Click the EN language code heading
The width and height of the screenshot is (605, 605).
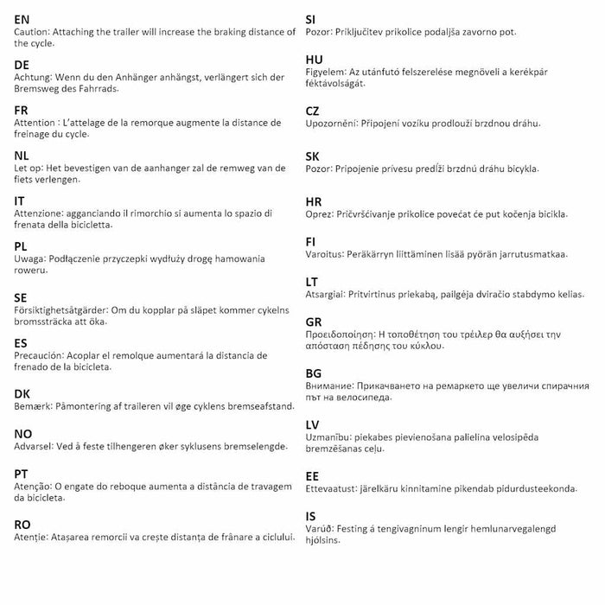(22, 19)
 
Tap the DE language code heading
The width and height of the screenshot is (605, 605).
(22, 65)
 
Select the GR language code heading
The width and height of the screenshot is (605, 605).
(314, 322)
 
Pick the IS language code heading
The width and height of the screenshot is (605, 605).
(310, 516)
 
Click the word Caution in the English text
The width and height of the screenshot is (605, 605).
(33, 32)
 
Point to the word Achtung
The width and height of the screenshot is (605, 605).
(34, 78)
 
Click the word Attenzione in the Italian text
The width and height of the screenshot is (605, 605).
(44, 213)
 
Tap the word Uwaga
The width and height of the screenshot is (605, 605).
(31, 258)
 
